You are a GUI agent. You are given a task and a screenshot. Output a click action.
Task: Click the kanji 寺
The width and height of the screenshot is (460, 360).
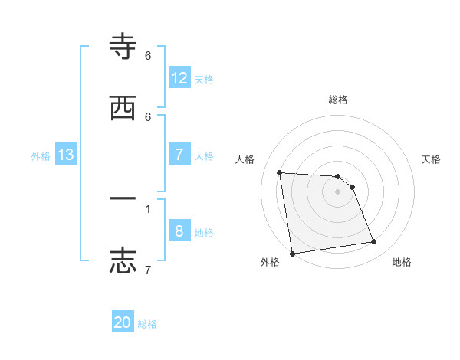click(123, 47)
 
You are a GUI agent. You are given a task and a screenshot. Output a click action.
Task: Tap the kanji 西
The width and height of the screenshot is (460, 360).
click(123, 108)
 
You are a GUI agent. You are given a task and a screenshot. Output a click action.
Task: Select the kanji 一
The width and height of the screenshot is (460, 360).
click(123, 198)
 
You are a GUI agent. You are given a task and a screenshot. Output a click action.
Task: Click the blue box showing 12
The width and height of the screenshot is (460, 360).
click(179, 77)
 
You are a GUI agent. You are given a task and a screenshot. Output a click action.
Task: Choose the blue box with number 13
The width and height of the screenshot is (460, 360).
click(66, 155)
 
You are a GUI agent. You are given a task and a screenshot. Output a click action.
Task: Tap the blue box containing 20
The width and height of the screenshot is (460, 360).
click(123, 322)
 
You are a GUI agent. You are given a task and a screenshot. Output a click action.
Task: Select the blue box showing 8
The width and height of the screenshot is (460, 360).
click(179, 231)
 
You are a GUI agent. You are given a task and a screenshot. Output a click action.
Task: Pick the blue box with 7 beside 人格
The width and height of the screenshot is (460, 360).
click(179, 155)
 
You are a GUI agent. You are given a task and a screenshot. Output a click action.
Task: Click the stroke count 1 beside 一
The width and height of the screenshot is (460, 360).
click(148, 208)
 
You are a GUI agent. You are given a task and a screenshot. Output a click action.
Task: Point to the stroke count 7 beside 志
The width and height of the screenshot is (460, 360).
click(148, 270)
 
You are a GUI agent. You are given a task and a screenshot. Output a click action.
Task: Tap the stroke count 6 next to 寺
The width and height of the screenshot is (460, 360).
click(148, 56)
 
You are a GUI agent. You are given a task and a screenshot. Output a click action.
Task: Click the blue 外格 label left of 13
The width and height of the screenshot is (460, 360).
click(41, 155)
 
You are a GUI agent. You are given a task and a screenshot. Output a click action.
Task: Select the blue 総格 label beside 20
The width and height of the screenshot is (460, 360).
click(147, 324)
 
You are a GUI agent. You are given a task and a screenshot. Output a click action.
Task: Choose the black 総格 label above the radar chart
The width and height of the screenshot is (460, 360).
click(338, 100)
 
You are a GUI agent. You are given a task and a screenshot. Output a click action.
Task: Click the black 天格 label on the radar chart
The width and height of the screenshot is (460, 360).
click(432, 159)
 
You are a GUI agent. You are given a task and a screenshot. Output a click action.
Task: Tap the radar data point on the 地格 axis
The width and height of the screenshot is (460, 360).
click(374, 242)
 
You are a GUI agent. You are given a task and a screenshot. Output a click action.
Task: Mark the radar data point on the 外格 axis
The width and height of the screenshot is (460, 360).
click(292, 253)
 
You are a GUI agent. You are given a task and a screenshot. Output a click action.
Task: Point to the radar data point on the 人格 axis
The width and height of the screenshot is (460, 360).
click(280, 172)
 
